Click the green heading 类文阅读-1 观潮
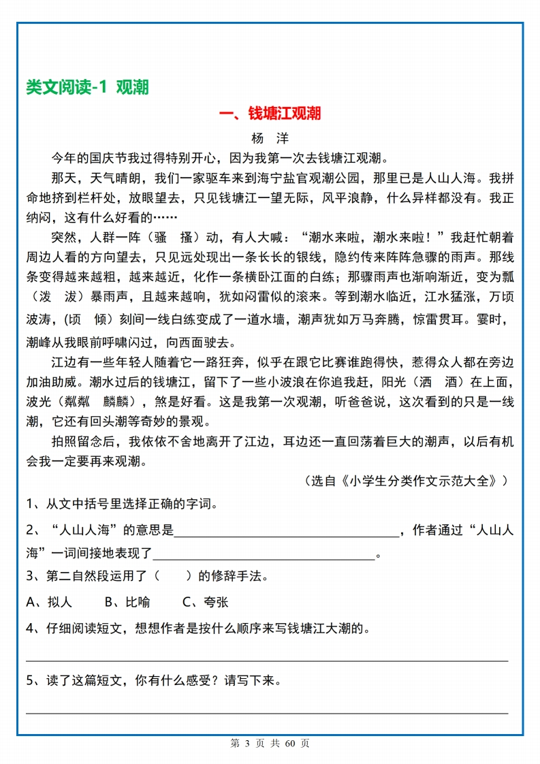point(86,87)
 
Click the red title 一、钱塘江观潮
point(270,113)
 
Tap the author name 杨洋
point(270,138)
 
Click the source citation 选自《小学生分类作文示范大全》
point(406,481)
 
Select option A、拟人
point(49,602)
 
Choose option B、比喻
point(127,602)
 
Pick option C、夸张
point(206,602)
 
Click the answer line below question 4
point(267,659)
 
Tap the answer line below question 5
point(267,712)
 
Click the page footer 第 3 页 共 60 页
point(270,744)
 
